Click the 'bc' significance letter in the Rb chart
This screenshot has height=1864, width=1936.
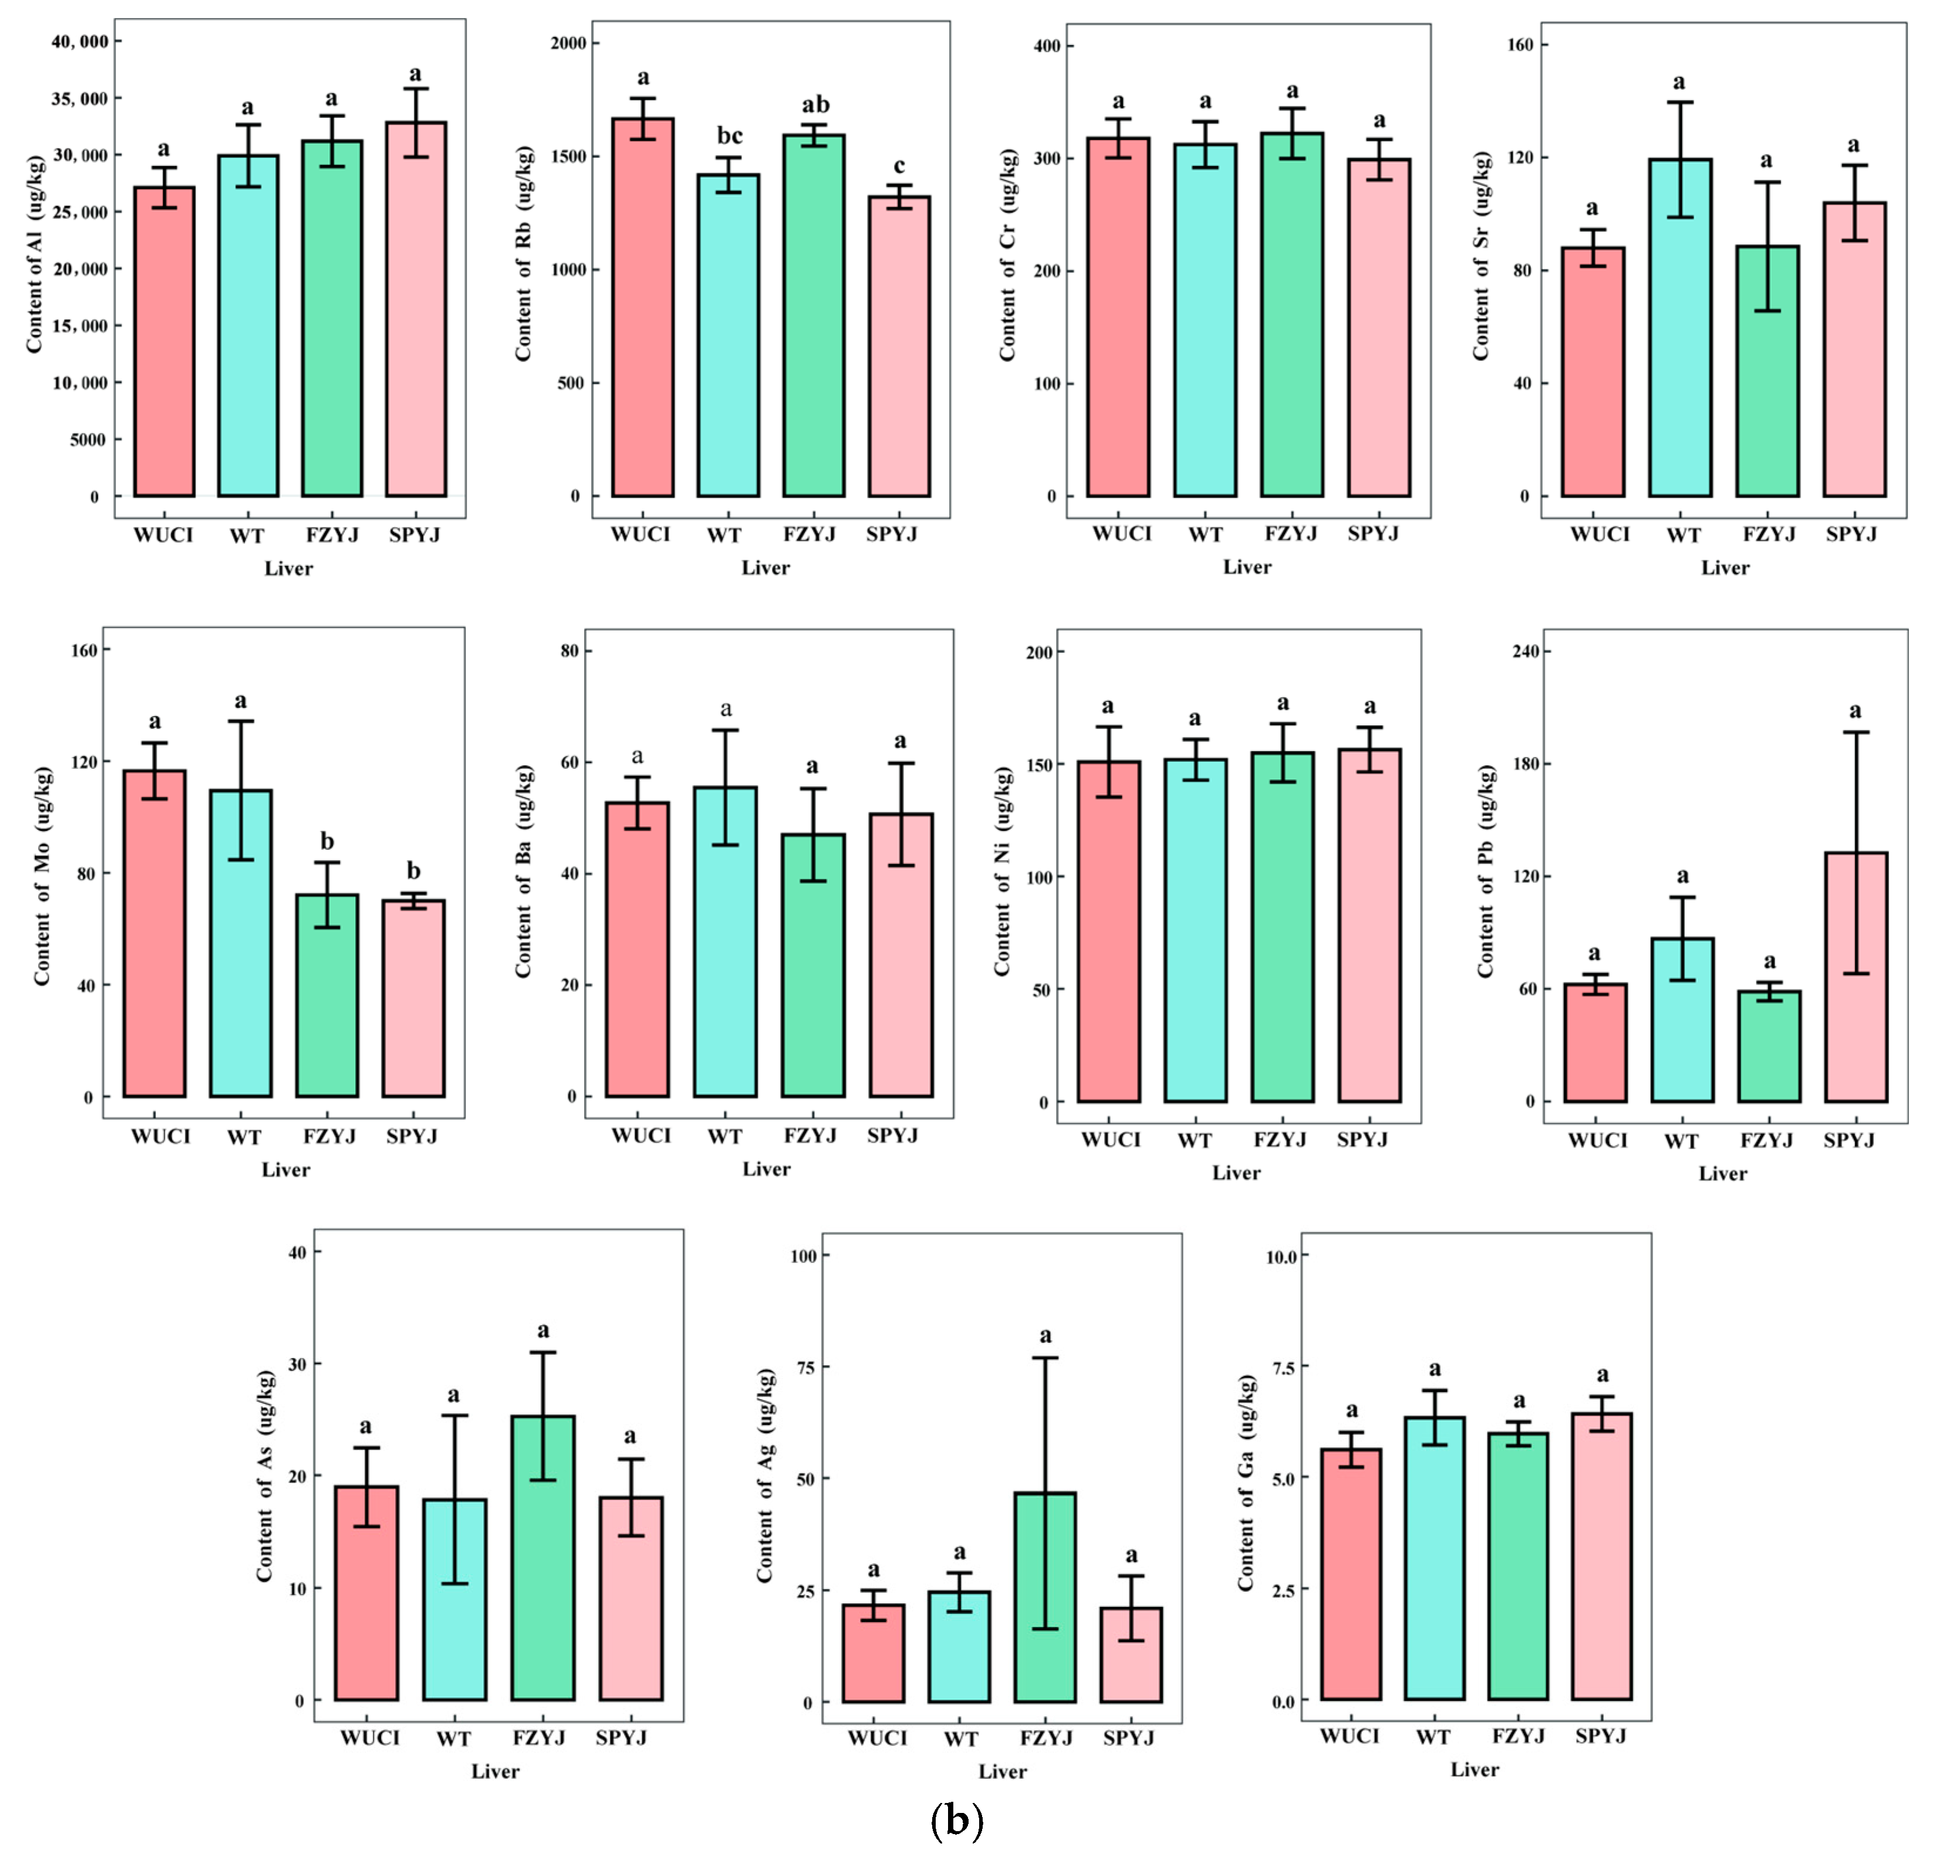(729, 136)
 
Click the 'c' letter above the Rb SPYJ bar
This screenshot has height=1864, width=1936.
(899, 166)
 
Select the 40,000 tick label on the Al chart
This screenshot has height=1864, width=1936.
(81, 42)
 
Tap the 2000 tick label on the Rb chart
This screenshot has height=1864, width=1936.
(568, 43)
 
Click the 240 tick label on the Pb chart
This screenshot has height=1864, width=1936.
(1530, 652)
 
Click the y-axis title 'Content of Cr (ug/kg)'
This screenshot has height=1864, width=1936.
(1007, 255)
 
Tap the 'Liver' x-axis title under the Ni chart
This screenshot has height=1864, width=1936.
(1236, 1173)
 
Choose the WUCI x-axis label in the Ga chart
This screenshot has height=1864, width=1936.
(1350, 1735)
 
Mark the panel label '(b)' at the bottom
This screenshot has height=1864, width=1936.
(956, 1819)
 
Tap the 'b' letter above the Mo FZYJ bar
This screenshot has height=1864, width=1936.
(327, 842)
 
